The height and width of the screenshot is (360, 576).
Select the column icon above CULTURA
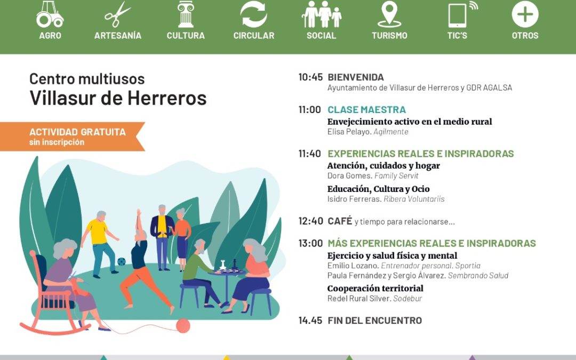tap(186, 14)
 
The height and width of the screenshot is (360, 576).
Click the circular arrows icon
tap(253, 14)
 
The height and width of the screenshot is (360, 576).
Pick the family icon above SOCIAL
tap(321, 14)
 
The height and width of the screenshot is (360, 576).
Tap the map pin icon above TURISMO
tap(389, 14)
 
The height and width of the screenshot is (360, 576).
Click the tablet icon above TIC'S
tap(458, 14)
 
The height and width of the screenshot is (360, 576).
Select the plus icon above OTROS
tap(525, 14)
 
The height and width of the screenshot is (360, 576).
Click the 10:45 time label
tap(310, 77)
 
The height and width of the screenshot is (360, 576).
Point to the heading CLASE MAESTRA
tap(366, 110)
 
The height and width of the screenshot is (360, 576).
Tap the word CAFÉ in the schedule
tap(340, 221)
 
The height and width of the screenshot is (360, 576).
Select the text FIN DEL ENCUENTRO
tap(374, 321)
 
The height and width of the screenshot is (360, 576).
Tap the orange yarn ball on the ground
tap(183, 325)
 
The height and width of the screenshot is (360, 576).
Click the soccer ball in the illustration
tap(122, 262)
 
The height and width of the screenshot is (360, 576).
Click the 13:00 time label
tap(310, 243)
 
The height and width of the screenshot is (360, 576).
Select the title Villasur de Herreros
tap(118, 98)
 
